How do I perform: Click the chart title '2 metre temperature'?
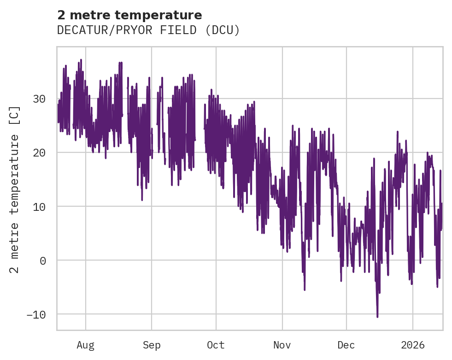(129, 15)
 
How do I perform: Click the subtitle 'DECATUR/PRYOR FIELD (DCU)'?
(148, 30)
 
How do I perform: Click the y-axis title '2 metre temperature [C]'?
(15, 189)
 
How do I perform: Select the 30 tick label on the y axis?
(39, 99)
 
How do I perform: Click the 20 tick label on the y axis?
(39, 152)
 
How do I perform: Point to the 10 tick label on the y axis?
(39, 206)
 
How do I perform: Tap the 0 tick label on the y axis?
(42, 260)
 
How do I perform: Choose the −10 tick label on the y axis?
(36, 314)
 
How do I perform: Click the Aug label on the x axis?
(86, 345)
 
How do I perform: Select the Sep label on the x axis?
(151, 345)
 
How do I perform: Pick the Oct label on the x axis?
(216, 345)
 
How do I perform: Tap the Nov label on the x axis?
(282, 345)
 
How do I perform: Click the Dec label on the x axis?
(346, 345)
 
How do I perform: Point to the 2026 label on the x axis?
(413, 345)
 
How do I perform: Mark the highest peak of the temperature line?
(81, 60)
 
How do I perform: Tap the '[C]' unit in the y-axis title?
(15, 114)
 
